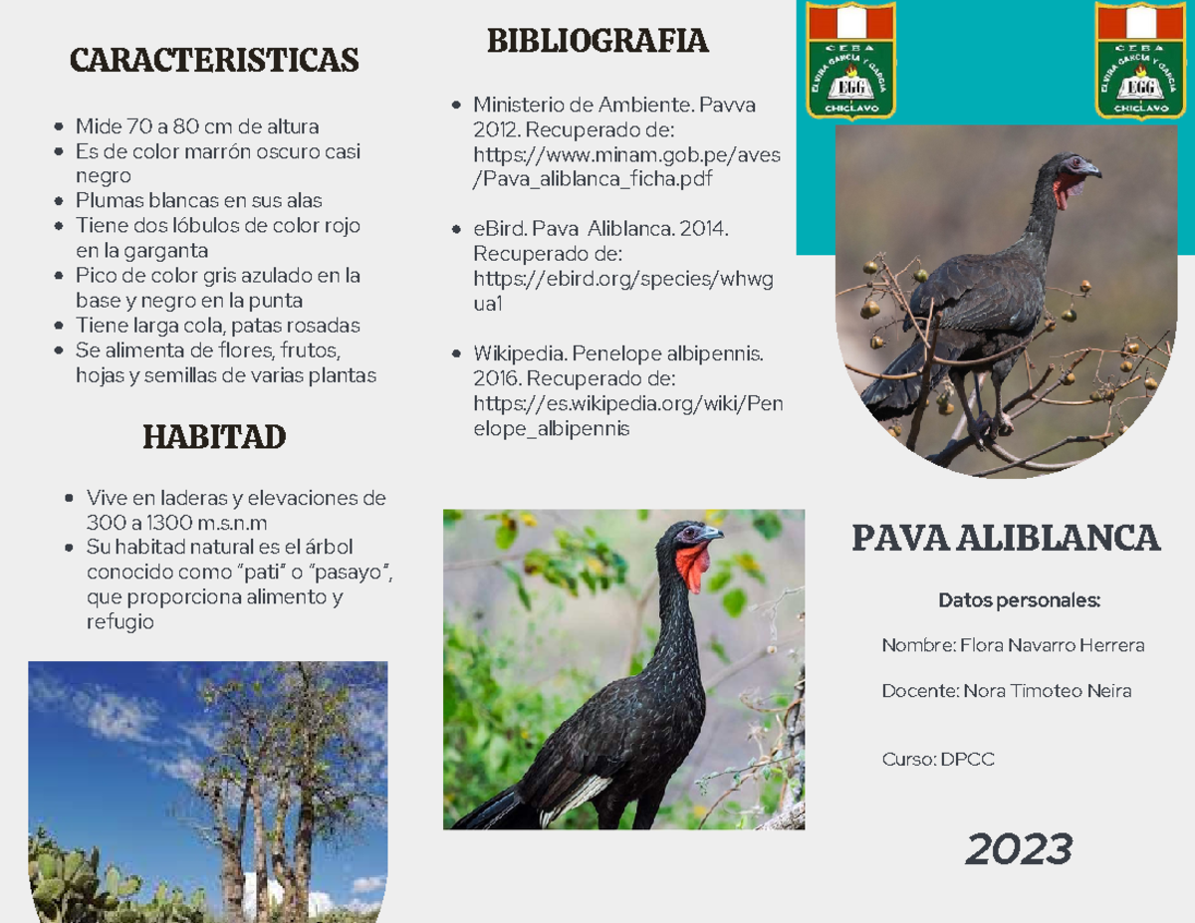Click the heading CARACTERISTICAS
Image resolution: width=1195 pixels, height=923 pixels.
[x=214, y=60]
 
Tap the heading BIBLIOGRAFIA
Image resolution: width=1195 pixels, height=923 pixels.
[x=597, y=41]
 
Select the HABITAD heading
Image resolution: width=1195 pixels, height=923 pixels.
[x=214, y=436]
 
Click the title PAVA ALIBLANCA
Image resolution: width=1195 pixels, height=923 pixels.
[x=1006, y=539]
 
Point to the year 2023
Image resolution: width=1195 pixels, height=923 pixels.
[x=1019, y=849]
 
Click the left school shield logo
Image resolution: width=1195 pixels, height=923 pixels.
[x=850, y=61]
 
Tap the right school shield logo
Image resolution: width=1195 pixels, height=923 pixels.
[x=1141, y=61]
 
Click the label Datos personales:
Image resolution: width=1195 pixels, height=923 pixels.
[x=1019, y=600]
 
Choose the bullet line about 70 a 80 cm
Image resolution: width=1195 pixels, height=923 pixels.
[x=197, y=126]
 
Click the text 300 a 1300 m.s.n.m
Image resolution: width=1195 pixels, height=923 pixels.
[x=177, y=523]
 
